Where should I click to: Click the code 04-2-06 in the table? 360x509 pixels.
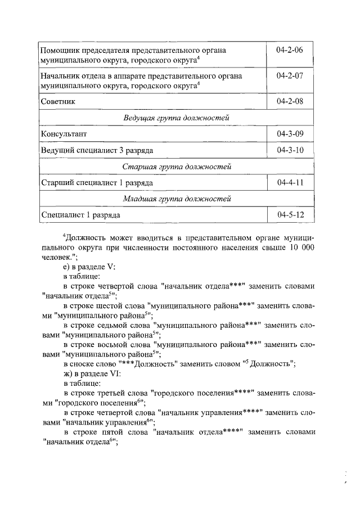coord(290,50)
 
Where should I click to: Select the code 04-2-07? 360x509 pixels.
coord(290,75)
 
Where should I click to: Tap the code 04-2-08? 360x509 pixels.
coord(290,101)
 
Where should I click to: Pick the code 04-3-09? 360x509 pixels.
coord(290,134)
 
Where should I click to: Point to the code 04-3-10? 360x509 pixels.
coord(290,151)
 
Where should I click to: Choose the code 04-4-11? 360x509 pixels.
coord(290,183)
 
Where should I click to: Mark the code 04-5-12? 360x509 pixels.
coord(290,215)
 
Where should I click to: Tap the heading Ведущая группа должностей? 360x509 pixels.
coord(177,118)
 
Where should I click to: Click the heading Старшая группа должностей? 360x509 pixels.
coord(177,167)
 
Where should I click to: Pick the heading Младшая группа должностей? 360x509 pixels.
coord(177,199)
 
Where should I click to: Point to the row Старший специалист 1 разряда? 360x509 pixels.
coord(97,183)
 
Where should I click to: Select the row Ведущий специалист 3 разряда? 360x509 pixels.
coord(96,151)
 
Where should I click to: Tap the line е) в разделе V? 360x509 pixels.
coord(89,267)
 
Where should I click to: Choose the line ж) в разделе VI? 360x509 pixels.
coord(91,373)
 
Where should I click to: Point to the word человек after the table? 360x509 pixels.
coord(56,258)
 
